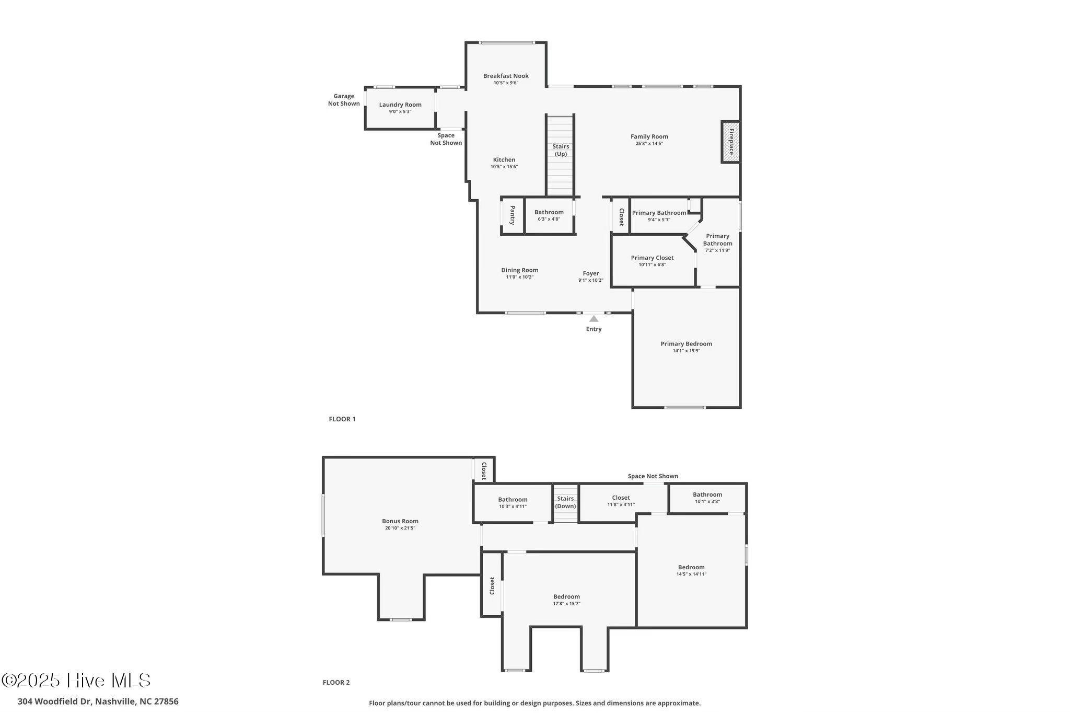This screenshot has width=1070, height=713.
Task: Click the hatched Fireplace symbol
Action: click(730, 142)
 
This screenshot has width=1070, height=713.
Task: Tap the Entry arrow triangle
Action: click(594, 318)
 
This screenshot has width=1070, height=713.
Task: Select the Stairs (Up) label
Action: click(561, 150)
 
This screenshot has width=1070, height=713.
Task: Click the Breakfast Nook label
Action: click(506, 76)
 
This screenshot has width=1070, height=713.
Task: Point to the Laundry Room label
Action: click(400, 105)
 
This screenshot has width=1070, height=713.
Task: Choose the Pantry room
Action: click(512, 215)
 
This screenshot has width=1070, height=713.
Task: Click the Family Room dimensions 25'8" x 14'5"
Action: click(649, 144)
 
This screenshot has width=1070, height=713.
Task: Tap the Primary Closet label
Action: click(652, 258)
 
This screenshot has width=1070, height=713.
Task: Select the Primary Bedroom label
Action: click(686, 344)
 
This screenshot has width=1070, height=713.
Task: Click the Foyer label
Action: click(591, 273)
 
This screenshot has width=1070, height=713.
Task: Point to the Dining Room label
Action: click(519, 270)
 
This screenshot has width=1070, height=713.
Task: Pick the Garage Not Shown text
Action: click(344, 100)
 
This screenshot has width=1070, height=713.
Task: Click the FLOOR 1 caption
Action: click(342, 419)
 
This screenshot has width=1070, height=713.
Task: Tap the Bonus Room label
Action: click(400, 521)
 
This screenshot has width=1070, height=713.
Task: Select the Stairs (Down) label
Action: click(565, 502)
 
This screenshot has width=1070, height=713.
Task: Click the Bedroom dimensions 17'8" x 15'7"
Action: click(567, 604)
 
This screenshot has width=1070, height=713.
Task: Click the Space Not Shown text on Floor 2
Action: click(653, 476)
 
